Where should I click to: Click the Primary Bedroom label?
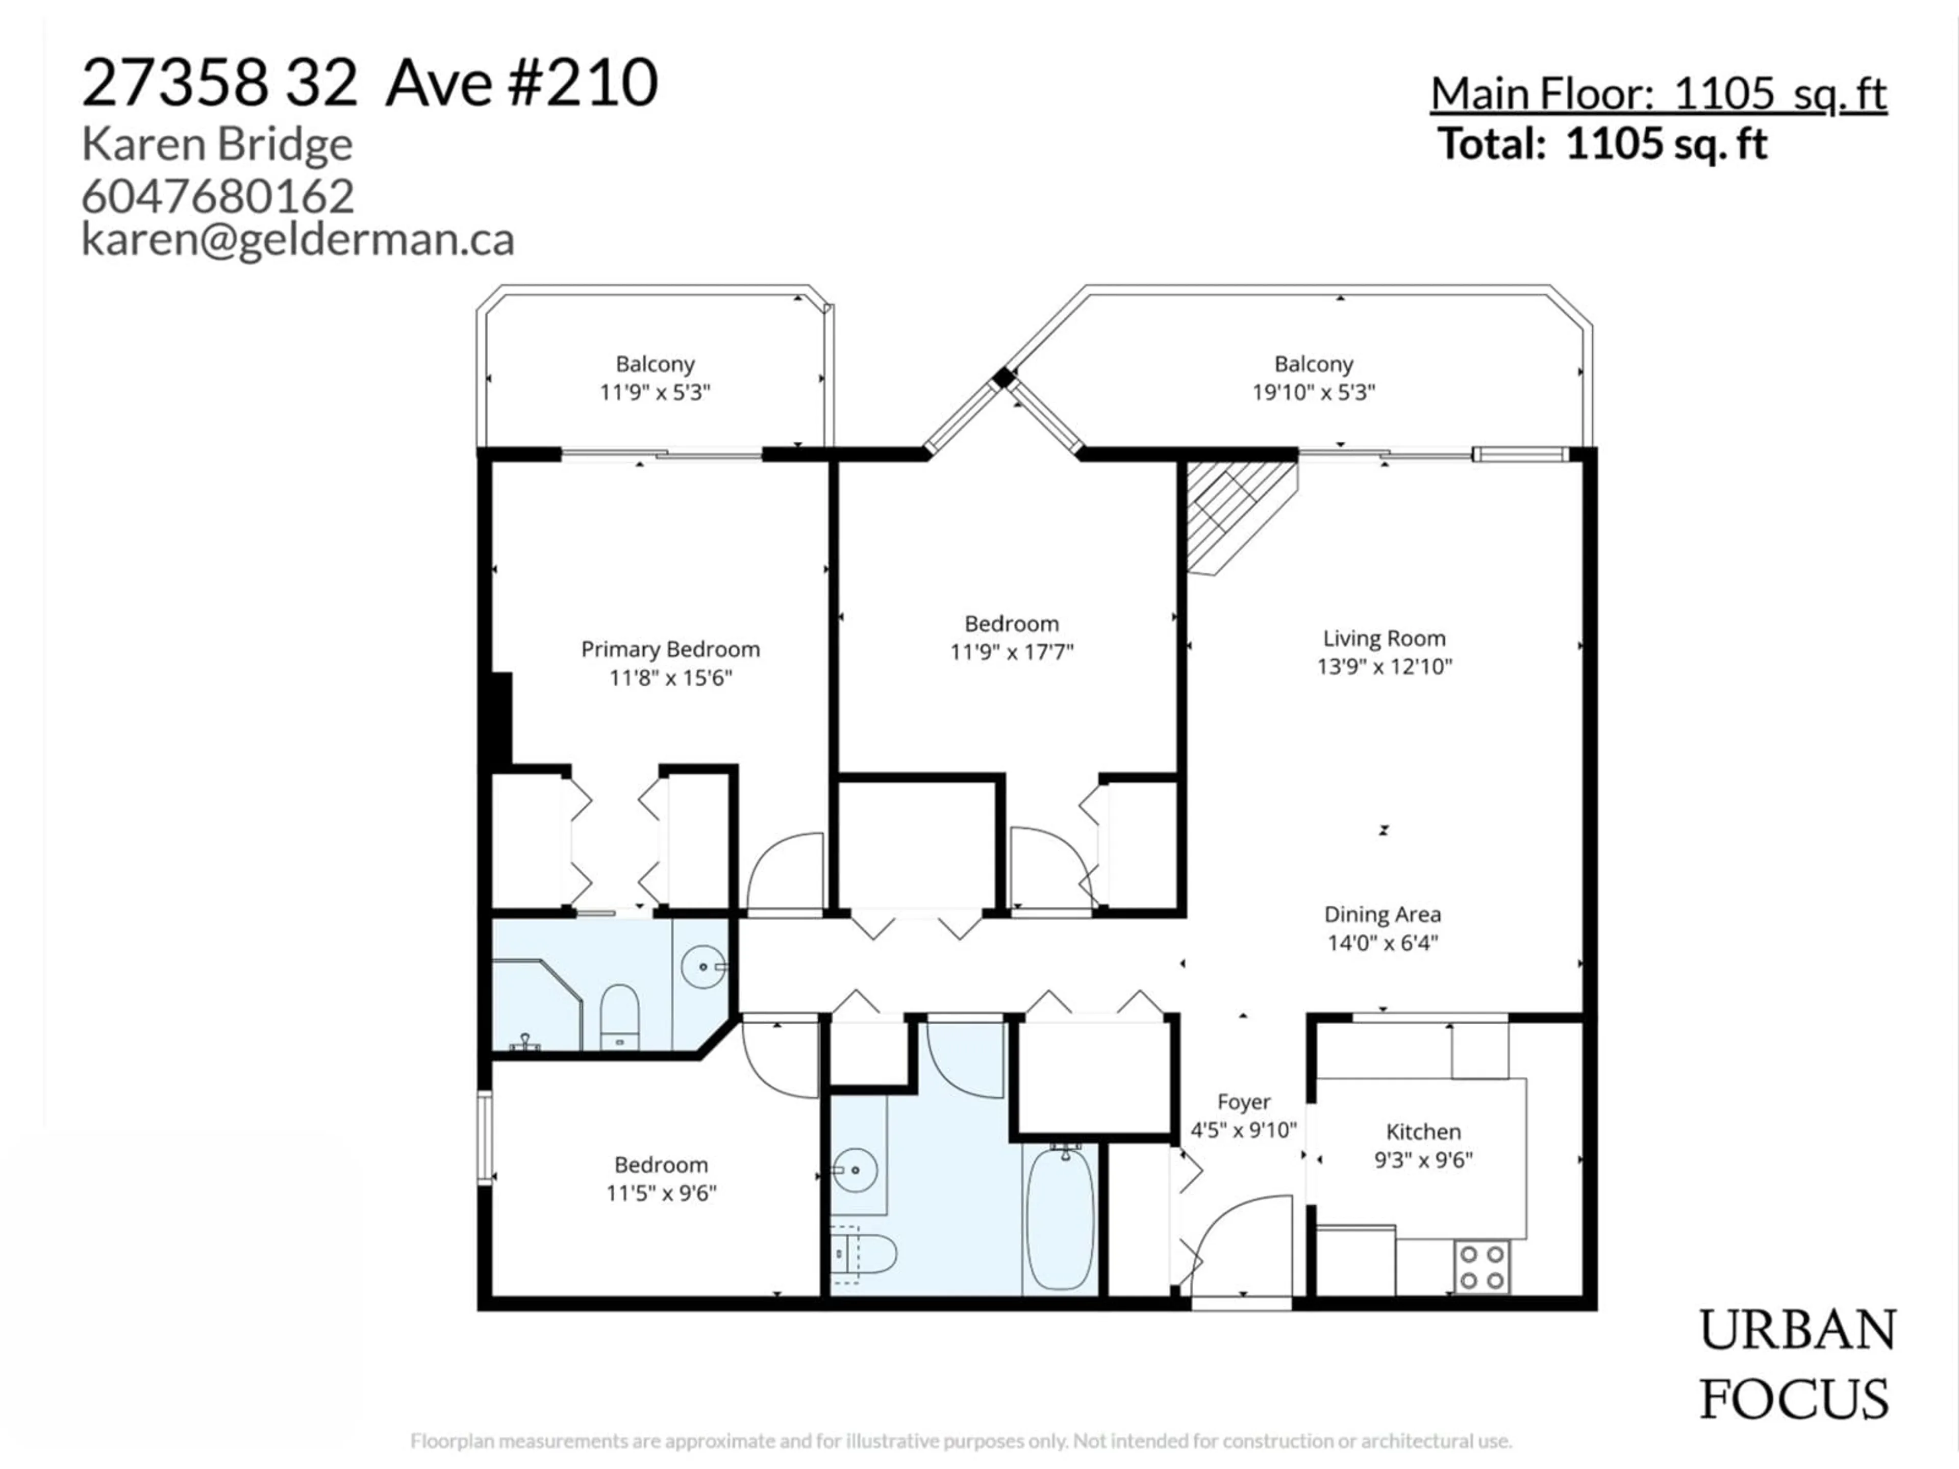coord(670,649)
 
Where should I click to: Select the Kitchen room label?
coord(1423,1132)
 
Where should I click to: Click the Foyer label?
coord(1243,1102)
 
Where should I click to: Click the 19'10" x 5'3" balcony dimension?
coord(1313,391)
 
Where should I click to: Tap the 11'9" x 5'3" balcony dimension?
coord(656,391)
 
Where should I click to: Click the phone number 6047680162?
coord(218,196)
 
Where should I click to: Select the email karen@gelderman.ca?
coord(297,239)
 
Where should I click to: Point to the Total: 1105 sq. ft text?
coord(1603,143)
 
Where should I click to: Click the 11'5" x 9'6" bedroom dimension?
coord(661,1193)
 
